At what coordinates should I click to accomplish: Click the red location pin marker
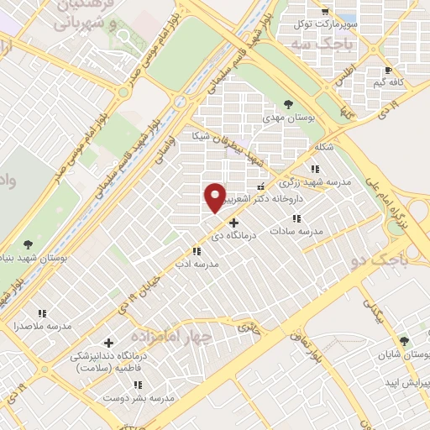(x=215, y=197)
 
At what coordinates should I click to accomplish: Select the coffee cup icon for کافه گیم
(x=387, y=71)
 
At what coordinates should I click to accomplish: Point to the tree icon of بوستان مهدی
(x=289, y=104)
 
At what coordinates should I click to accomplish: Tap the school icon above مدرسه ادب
(x=197, y=250)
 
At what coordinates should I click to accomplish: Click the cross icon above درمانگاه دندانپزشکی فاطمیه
(x=108, y=343)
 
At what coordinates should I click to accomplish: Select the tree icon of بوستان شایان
(x=404, y=341)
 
